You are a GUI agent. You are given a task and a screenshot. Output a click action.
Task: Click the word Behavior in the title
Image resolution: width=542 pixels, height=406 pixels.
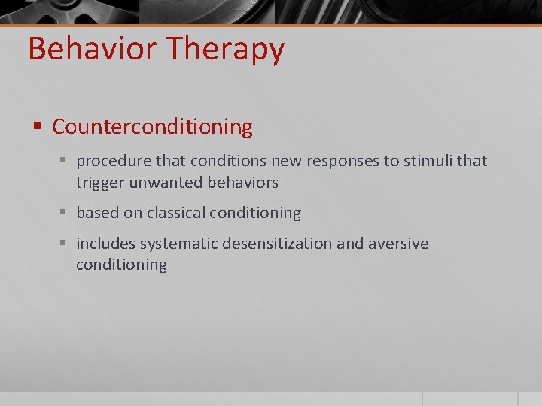tap(93, 49)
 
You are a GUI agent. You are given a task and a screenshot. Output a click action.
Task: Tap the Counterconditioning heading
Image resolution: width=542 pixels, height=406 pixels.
tap(152, 127)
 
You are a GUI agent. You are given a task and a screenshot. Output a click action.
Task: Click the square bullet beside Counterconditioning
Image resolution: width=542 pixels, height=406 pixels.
tap(36, 127)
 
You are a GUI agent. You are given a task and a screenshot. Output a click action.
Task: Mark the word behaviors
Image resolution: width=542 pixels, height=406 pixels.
tap(241, 183)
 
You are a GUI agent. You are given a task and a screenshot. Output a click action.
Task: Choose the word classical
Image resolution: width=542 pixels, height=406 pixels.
tap(176, 214)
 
